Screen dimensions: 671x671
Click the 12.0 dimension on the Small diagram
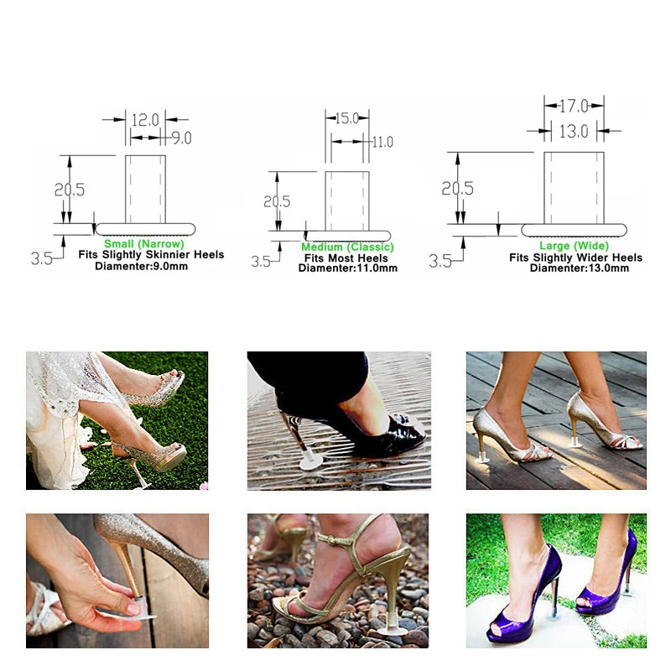(x=145, y=120)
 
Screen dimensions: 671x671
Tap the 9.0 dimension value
(x=181, y=138)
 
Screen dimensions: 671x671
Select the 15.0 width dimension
(x=346, y=118)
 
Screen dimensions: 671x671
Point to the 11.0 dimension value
(x=382, y=142)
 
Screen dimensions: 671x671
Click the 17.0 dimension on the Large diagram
(x=574, y=106)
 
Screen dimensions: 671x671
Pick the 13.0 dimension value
(x=574, y=132)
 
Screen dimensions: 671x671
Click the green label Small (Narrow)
(x=144, y=243)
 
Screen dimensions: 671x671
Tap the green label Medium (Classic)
(x=347, y=247)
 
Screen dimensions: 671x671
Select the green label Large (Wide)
(x=574, y=246)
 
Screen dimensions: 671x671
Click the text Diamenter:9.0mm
(x=141, y=266)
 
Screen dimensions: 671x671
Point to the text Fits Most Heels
(x=346, y=258)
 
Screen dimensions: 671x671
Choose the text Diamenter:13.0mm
(x=580, y=268)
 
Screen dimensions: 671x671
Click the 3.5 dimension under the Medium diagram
(x=261, y=262)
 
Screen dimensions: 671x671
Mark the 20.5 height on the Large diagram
(x=457, y=188)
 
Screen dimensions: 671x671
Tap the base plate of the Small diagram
(x=145, y=229)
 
